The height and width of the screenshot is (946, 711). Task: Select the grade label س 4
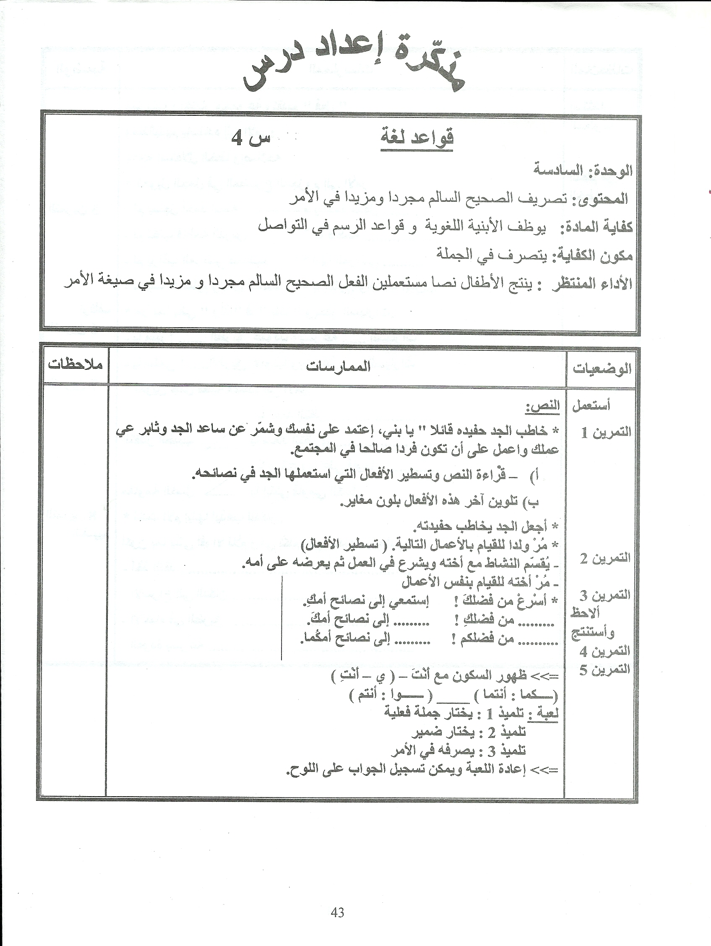tap(250, 138)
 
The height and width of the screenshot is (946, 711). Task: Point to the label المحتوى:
tap(604, 198)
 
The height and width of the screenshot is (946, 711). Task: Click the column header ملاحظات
tap(75, 365)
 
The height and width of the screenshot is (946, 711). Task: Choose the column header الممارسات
tap(338, 367)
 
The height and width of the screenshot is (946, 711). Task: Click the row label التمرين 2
tap(605, 558)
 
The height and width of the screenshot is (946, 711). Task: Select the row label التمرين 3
tap(605, 594)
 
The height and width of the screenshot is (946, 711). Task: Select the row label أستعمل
tap(591, 405)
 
